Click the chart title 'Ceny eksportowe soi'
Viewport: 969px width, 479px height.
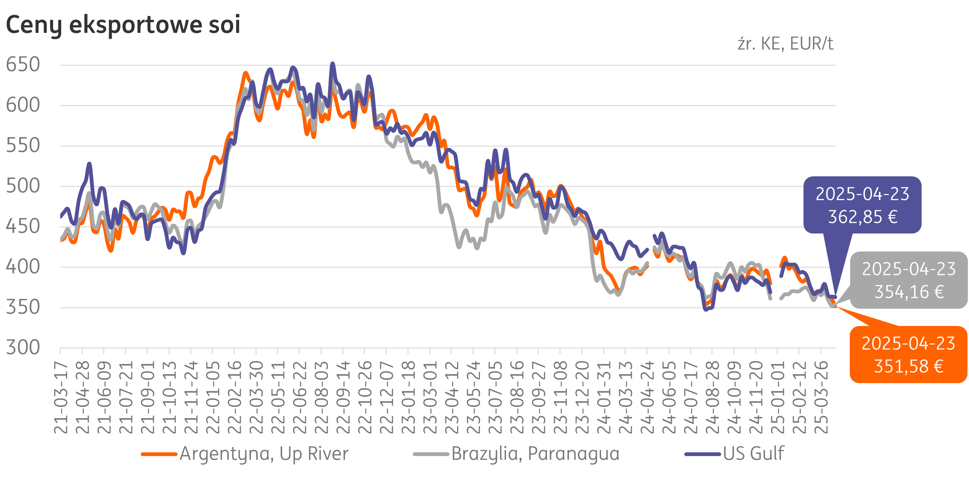click(x=123, y=25)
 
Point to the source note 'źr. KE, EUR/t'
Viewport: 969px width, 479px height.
click(x=785, y=44)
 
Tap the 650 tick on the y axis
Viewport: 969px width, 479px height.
click(x=23, y=64)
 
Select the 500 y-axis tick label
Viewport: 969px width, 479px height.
click(x=23, y=186)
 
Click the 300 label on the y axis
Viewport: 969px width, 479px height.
click(x=23, y=347)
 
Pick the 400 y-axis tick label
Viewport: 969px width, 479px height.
click(x=23, y=267)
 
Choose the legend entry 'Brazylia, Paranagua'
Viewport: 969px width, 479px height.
click(x=535, y=453)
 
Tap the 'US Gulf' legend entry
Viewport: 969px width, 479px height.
click(x=753, y=453)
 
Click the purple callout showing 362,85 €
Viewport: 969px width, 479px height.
click(x=862, y=205)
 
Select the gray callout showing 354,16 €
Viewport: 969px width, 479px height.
click(x=908, y=280)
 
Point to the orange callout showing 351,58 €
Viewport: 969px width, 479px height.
click(x=908, y=355)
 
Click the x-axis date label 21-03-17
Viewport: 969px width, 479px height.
click(x=61, y=397)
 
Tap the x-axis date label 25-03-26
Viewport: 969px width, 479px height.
click(x=821, y=397)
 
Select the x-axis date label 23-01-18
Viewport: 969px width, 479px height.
click(x=409, y=397)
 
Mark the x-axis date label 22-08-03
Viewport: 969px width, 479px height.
click(x=322, y=397)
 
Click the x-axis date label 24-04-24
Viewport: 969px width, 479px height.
click(x=647, y=397)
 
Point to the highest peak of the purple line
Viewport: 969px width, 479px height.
click(x=333, y=64)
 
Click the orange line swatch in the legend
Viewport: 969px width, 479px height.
click(x=159, y=454)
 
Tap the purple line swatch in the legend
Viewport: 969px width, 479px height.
click(x=703, y=454)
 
